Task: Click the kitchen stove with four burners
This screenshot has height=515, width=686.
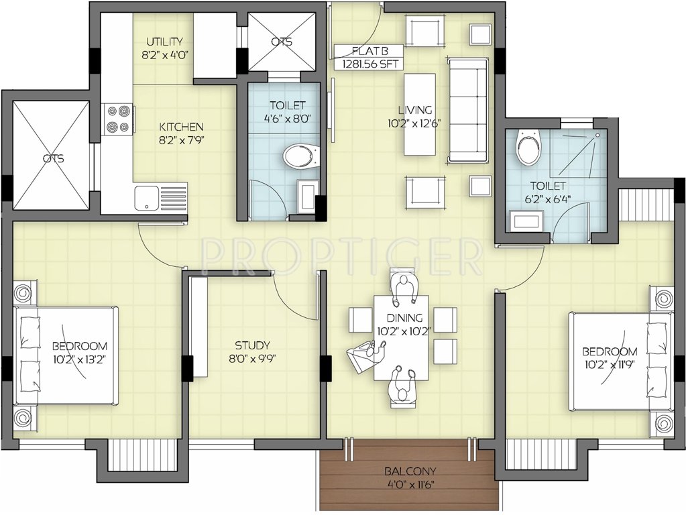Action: [x=117, y=119]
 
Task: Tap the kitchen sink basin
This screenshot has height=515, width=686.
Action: [x=146, y=198]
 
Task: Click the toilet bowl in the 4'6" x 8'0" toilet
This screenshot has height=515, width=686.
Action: [x=300, y=158]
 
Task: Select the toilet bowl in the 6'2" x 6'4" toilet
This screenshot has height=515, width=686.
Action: [x=528, y=149]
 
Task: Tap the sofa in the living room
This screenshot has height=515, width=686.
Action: [x=467, y=110]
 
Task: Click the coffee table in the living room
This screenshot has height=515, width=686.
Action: [x=419, y=114]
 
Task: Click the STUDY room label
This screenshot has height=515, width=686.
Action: [x=252, y=345]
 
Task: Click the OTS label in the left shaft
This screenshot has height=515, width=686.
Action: [x=52, y=159]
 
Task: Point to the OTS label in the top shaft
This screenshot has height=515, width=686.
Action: [x=282, y=42]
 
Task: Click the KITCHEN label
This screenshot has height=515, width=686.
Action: [x=181, y=126]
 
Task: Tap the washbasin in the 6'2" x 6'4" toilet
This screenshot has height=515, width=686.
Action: [x=527, y=221]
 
